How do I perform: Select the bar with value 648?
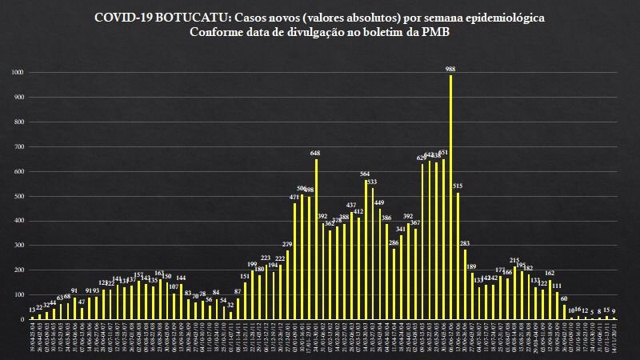316,239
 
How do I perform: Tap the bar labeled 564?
366,250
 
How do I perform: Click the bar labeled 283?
465,284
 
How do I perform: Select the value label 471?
294,196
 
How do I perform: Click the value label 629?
422,158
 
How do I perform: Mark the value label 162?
550,273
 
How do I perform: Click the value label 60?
564,298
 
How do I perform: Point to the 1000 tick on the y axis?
18,73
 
